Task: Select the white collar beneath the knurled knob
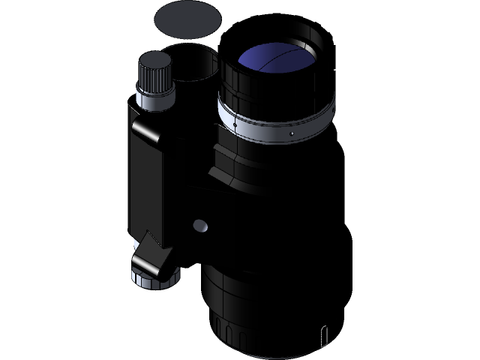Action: pyautogui.click(x=154, y=97)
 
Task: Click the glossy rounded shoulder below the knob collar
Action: pyautogui.click(x=150, y=127)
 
